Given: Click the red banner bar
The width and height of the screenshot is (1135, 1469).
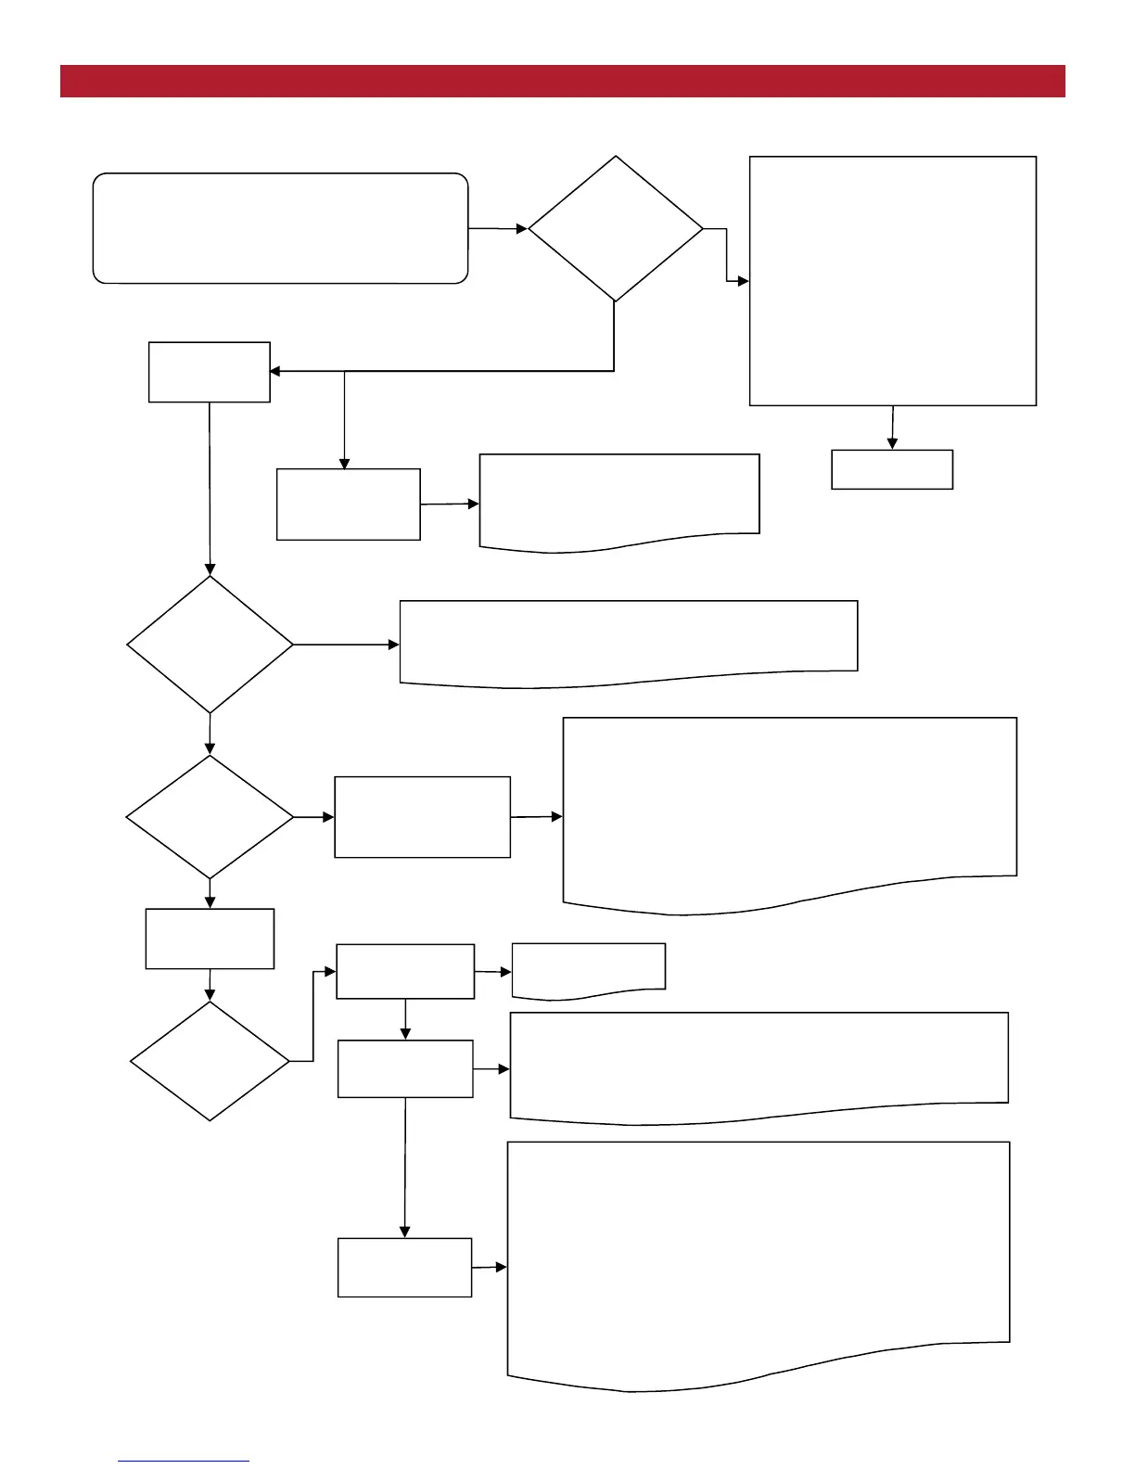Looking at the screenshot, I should point(562,81).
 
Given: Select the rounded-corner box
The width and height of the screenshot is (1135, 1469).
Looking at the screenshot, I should point(280,228).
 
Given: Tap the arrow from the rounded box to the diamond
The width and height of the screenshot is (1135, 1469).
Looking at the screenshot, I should point(498,228).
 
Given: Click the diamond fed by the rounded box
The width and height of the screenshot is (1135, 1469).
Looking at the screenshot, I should point(615,228).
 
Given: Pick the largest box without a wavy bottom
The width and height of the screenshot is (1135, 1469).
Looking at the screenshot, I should point(892,280).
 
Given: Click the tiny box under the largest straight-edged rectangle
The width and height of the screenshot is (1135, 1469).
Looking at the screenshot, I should point(892,469).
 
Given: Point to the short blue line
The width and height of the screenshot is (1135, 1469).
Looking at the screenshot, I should point(183,1461).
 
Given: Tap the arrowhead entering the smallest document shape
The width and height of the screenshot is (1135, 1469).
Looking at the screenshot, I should point(506,972).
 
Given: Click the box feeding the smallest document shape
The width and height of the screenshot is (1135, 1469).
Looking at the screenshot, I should point(405,971).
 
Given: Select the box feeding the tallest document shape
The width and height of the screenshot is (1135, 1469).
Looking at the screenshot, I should point(404,1267).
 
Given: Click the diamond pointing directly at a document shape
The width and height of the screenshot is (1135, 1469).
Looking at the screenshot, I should point(210,645).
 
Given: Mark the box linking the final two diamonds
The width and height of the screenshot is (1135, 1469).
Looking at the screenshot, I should point(210,939).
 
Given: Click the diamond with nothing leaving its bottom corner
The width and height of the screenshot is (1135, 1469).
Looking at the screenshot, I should point(210,1061).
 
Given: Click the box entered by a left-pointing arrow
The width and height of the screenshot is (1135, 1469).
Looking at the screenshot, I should point(209,372).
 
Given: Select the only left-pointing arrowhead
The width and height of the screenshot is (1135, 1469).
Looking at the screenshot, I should point(274,372).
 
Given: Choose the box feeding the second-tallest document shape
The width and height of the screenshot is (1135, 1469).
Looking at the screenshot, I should point(422,817).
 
